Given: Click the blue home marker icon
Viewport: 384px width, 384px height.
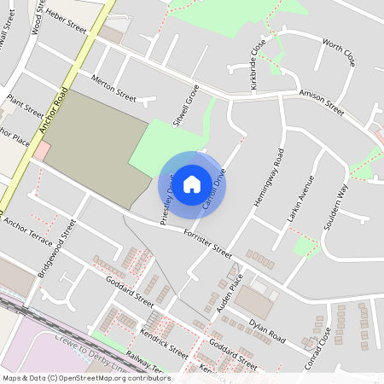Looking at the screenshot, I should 192,183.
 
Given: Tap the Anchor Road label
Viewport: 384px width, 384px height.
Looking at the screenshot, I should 54,102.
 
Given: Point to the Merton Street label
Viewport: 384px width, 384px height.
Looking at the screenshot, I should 113,91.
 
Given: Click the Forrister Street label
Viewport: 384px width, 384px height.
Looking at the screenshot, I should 207,241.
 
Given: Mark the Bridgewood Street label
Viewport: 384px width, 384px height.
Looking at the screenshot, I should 57,248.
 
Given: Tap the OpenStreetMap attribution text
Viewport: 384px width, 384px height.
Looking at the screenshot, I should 86,378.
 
